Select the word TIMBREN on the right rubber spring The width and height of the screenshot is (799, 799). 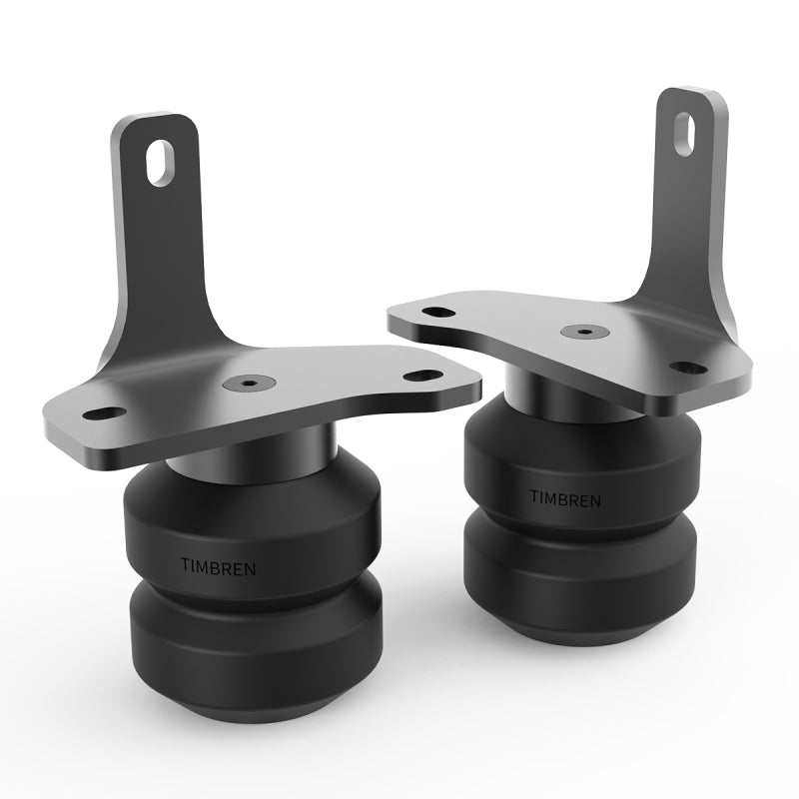click(x=565, y=496)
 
